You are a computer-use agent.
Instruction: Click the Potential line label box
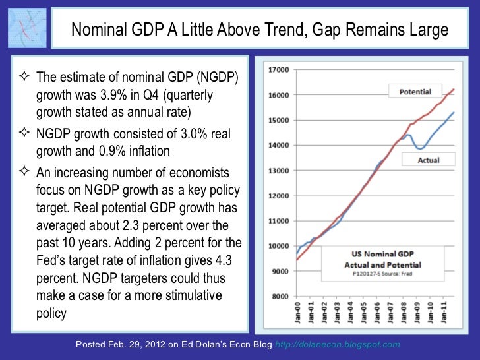point(415,92)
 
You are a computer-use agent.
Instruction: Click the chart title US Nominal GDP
point(378,253)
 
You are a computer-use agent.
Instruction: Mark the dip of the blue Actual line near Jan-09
point(421,148)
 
